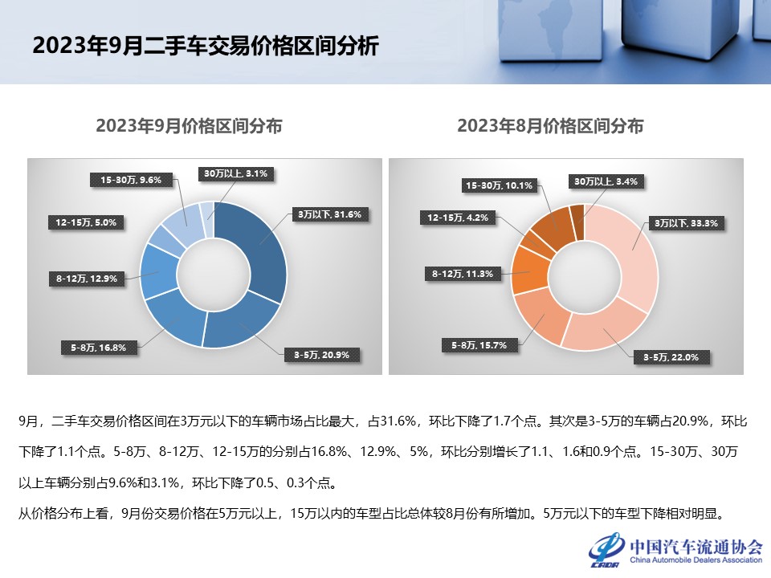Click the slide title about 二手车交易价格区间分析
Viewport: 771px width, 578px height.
pos(205,46)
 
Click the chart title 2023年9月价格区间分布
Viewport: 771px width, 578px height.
pos(189,126)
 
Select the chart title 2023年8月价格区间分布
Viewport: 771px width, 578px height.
pos(550,126)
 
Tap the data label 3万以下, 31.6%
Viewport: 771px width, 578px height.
pos(330,214)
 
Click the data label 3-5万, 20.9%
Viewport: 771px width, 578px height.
pos(321,354)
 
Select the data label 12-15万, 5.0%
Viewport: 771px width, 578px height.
pos(87,222)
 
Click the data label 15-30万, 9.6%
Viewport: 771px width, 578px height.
pos(132,181)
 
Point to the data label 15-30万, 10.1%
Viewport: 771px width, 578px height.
pos(500,185)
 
